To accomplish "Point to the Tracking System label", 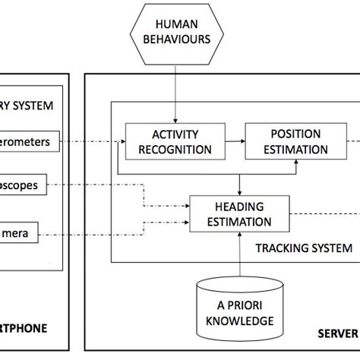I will point(304,248).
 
